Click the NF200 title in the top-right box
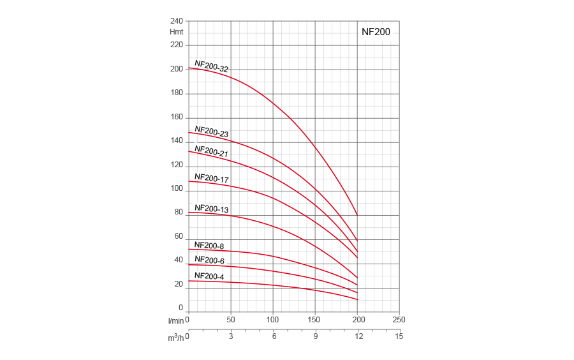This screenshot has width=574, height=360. tap(376, 31)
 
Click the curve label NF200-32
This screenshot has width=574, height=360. tap(211, 66)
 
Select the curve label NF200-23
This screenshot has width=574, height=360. tap(211, 131)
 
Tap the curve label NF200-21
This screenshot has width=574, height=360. tap(211, 151)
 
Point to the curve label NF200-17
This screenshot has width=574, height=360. tap(211, 178)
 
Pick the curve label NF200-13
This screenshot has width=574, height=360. tap(211, 208)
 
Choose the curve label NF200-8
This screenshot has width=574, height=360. tap(209, 245)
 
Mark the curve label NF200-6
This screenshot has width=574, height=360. tap(209, 260)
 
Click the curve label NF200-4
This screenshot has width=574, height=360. tap(209, 276)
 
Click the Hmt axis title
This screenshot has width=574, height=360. tap(176, 32)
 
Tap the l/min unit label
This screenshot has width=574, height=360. tap(175, 320)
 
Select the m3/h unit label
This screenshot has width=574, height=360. tap(175, 337)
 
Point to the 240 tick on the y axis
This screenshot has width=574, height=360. tap(177, 21)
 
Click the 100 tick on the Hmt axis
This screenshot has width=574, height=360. tap(177, 188)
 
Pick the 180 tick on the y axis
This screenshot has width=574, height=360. tap(177, 93)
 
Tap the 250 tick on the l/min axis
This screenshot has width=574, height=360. tap(399, 320)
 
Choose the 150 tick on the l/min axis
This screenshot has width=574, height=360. tap(314, 320)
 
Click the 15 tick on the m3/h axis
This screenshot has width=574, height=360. tap(399, 336)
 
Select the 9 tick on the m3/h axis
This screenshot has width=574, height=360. tap(315, 336)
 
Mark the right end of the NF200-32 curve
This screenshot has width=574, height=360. tap(357, 215)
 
